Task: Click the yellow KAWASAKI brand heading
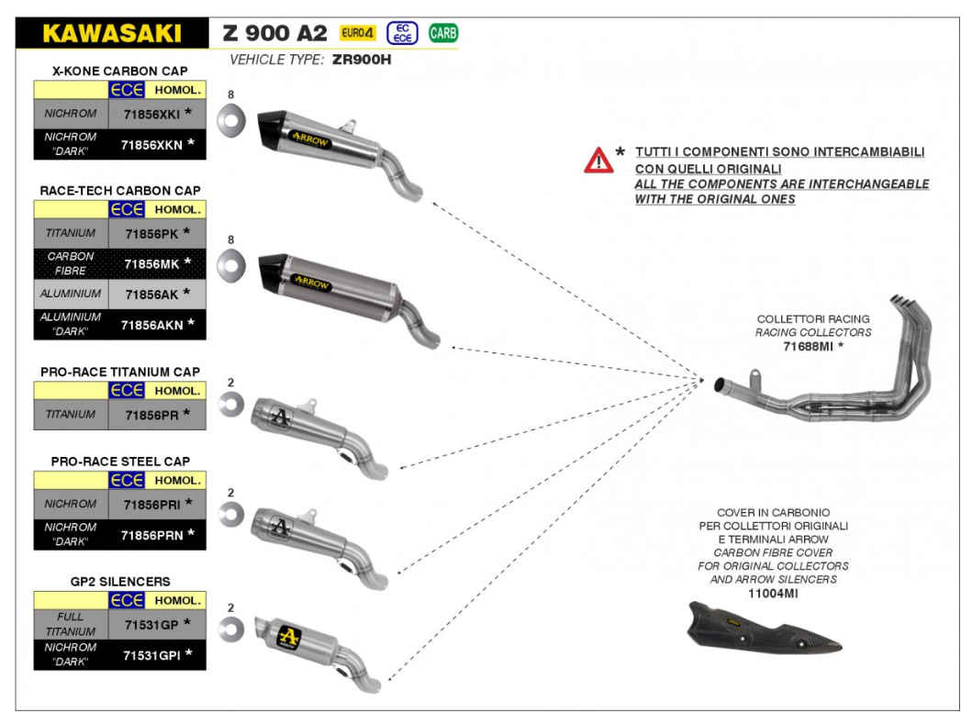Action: tap(112, 34)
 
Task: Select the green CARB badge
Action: tap(443, 34)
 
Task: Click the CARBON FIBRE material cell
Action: tap(71, 264)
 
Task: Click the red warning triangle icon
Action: tap(598, 161)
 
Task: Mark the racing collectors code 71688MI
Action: tap(811, 347)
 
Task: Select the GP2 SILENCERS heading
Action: tap(119, 582)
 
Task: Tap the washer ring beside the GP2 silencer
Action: tap(230, 628)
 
